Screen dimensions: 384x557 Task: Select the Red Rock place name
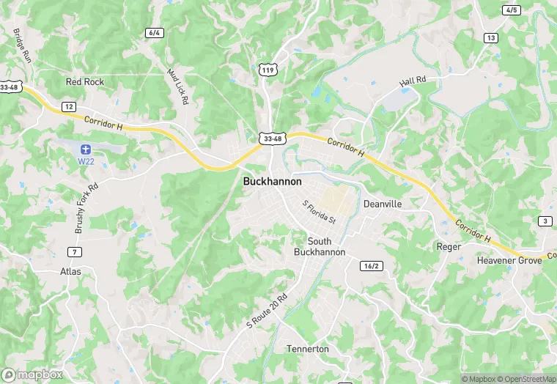pos(85,82)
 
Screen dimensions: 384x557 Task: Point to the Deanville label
pos(383,204)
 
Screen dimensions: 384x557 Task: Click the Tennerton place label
pos(308,349)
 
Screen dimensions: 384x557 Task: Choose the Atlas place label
pos(70,271)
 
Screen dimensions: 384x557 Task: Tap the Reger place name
pos(449,247)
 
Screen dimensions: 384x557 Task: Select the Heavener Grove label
pos(509,260)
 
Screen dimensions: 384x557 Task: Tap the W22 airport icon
pos(85,149)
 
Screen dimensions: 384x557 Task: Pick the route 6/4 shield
pos(154,33)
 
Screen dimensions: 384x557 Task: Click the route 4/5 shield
pos(512,10)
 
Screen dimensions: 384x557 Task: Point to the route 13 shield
pos(490,37)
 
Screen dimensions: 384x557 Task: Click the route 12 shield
pos(69,107)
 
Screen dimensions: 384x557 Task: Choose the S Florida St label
pos(319,211)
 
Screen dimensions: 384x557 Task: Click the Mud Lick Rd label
pos(178,86)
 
